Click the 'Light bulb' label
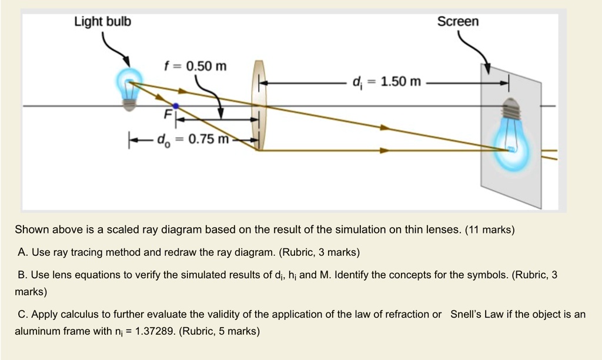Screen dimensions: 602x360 click(x=102, y=22)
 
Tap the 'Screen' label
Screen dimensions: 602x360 click(x=458, y=22)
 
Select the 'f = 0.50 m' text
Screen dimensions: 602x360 click(x=195, y=65)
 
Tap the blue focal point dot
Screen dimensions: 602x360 click(x=175, y=106)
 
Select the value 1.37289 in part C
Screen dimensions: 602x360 click(x=154, y=331)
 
